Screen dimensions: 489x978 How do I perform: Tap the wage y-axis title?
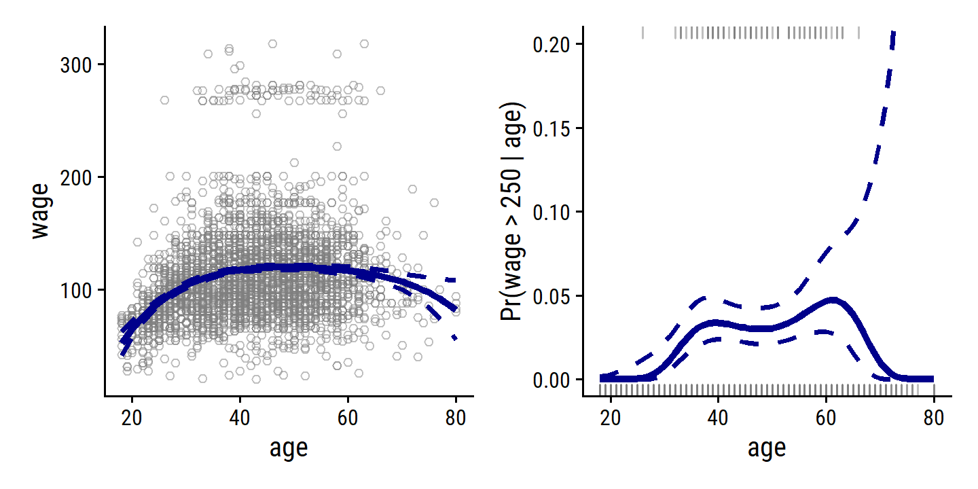coord(41,211)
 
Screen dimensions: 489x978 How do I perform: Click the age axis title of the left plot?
coord(289,448)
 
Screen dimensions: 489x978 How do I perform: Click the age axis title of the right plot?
coord(767,448)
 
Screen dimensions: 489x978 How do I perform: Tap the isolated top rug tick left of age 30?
coord(643,33)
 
